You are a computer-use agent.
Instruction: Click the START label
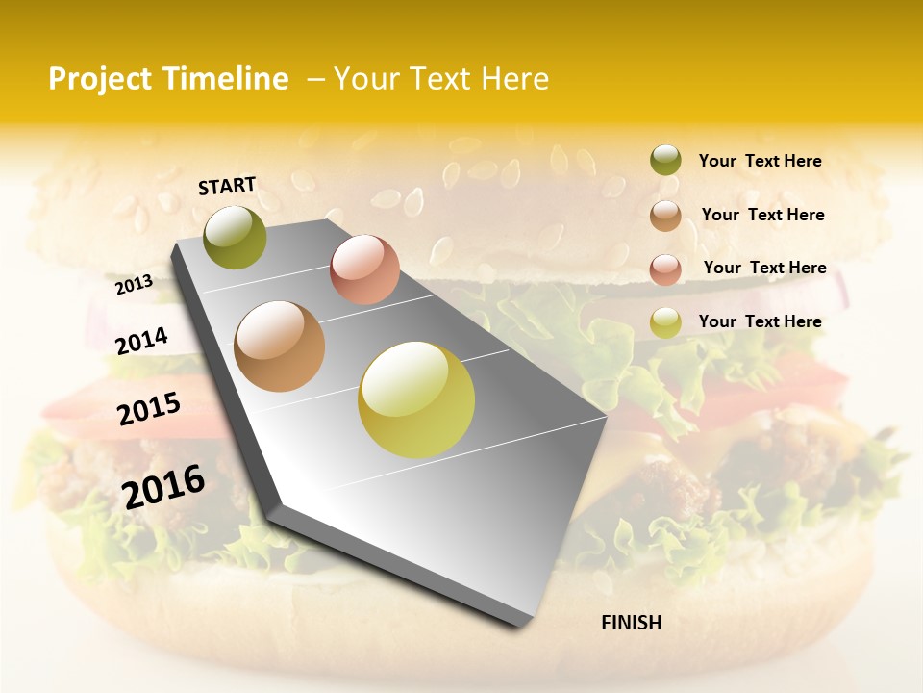pos(227,186)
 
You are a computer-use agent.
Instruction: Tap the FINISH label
pos(631,623)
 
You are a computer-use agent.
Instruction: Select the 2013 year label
pos(135,285)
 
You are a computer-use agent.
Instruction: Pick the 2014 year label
pos(141,341)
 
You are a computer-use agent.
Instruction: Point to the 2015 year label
pos(149,408)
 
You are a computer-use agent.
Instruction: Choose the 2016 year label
pos(163,486)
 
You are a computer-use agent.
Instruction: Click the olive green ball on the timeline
pos(235,237)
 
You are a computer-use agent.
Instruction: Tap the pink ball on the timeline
pos(364,269)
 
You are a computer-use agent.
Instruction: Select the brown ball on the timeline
pos(280,346)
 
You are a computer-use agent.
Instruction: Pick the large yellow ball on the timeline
pos(416,399)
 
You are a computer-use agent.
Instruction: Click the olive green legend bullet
pos(665,161)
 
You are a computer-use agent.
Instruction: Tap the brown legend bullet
pos(665,216)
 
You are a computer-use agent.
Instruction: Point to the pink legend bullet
pos(665,269)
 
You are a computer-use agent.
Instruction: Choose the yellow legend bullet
pos(665,322)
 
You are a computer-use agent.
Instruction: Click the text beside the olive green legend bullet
pos(760,161)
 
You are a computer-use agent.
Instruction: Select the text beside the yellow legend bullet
pos(760,321)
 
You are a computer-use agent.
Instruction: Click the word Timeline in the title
pos(228,79)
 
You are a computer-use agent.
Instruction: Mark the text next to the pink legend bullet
pos(764,268)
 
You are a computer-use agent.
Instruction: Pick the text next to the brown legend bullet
pos(762,215)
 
